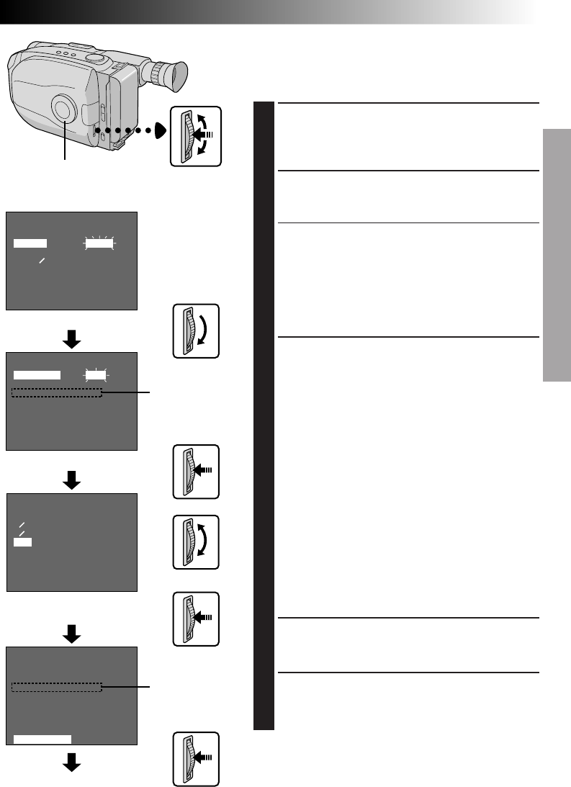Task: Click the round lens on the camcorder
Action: tap(64, 109)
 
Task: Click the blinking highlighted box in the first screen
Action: tap(100, 243)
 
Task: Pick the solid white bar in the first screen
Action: tap(30, 243)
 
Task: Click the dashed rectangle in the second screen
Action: tap(58, 392)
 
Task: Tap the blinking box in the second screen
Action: tap(95, 374)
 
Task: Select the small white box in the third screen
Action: tap(22, 541)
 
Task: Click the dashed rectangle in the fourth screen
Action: tap(58, 688)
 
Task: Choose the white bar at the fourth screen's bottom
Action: tap(42, 738)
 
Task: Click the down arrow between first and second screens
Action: tap(71, 338)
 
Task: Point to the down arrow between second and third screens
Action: tap(71, 480)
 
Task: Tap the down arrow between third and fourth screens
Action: tap(71, 634)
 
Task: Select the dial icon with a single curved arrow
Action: tap(195, 331)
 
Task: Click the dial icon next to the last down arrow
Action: tap(195, 759)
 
